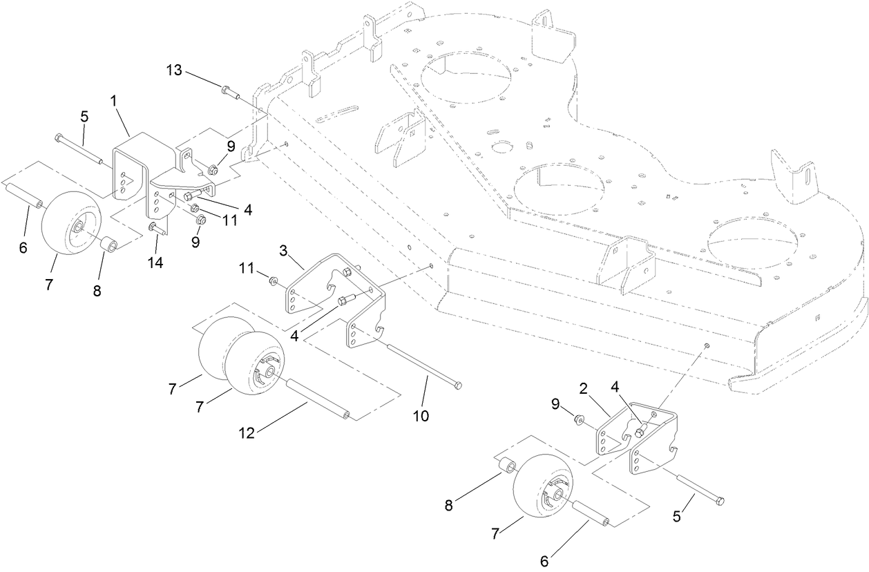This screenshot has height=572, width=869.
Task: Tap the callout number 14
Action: [x=157, y=263]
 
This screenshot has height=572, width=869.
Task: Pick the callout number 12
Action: [x=247, y=433]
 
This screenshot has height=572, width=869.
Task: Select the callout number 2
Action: [x=583, y=390]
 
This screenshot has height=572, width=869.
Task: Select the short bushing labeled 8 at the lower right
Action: [x=506, y=464]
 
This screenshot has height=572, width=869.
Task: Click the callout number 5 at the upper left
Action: [x=84, y=117]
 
